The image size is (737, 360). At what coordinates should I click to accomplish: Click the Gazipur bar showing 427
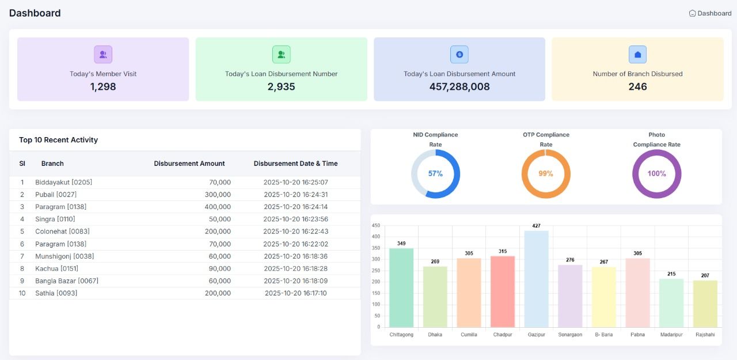click(536, 279)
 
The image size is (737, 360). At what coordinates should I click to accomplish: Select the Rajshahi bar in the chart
click(705, 304)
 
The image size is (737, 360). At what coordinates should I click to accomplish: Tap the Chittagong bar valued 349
click(401, 287)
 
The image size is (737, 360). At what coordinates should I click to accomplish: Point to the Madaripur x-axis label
click(671, 335)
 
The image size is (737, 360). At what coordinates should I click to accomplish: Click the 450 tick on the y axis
click(376, 225)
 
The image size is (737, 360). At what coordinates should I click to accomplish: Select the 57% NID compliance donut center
click(435, 174)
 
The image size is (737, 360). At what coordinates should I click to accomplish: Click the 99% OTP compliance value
click(546, 174)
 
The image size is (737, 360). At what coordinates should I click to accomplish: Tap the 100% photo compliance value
click(656, 174)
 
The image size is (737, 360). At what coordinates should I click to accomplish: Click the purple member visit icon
click(103, 55)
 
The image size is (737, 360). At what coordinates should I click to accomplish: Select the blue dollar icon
click(459, 55)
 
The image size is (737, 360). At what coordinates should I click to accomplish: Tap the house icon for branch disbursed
click(637, 55)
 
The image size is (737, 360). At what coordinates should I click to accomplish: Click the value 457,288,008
click(459, 87)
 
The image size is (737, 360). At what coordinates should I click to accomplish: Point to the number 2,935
click(281, 87)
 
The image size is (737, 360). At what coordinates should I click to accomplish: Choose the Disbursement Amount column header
click(189, 164)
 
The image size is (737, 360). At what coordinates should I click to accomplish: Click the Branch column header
click(52, 164)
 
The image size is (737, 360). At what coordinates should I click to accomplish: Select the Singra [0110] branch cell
click(55, 219)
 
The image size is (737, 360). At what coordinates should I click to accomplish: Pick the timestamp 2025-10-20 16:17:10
click(295, 293)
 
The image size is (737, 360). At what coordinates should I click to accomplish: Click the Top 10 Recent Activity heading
click(58, 140)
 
